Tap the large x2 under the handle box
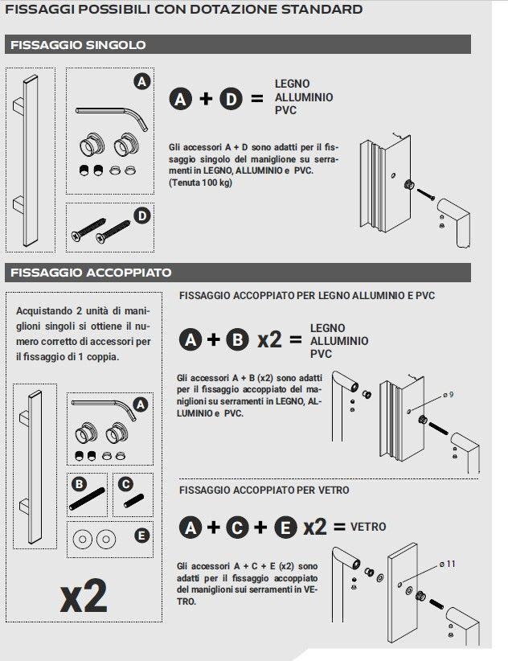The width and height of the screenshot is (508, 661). [84, 597]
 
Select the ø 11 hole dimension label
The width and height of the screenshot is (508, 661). [448, 564]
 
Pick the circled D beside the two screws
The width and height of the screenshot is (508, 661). [141, 216]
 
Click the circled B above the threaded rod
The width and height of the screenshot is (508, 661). [79, 484]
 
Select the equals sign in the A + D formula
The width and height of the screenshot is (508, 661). [256, 99]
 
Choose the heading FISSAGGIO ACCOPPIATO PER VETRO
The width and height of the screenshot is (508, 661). [264, 490]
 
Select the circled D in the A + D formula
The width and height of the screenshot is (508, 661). [231, 99]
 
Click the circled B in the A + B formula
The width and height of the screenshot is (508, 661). [237, 339]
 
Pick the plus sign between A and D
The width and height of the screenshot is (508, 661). [206, 99]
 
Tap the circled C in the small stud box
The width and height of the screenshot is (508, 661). [125, 484]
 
